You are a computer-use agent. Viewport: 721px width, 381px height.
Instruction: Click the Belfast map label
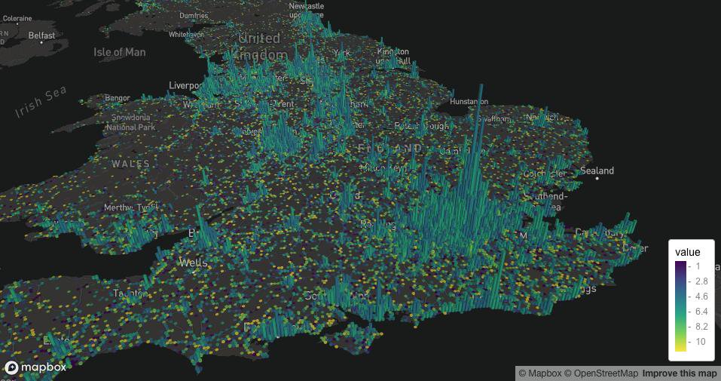[x=41, y=35]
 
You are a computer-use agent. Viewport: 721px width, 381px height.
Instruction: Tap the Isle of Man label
[x=119, y=52]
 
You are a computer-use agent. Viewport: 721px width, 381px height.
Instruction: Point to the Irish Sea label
[x=40, y=102]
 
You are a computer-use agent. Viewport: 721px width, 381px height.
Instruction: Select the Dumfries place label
[x=194, y=16]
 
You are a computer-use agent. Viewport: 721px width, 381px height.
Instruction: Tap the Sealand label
[x=596, y=171]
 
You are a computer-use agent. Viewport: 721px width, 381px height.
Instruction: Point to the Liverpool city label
[x=186, y=85]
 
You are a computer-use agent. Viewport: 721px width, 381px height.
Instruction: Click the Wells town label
[x=194, y=263]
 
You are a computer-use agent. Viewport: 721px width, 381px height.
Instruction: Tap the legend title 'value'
[x=687, y=252]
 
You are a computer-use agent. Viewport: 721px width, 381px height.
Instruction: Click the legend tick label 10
[x=700, y=342]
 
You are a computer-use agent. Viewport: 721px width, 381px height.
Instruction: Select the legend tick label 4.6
[x=700, y=296]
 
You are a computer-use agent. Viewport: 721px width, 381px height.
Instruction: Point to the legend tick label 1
[x=698, y=266]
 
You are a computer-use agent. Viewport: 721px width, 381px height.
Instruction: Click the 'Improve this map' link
[x=679, y=373]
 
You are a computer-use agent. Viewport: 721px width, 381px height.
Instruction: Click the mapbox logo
[x=35, y=367]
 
